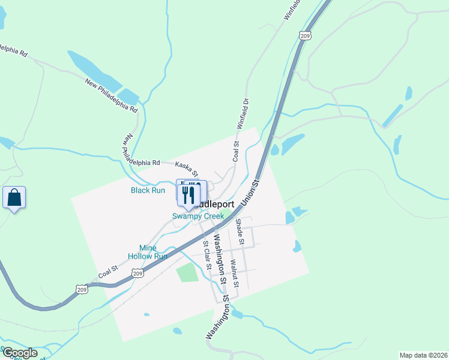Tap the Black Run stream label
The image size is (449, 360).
click(148, 190)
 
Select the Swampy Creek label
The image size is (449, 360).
click(198, 216)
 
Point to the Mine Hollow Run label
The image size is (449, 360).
click(148, 252)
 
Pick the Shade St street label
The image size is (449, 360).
click(240, 232)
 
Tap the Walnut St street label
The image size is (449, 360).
click(235, 273)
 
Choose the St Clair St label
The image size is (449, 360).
click(206, 255)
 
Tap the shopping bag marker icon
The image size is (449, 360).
click(14, 197)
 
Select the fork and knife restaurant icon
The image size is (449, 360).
click(188, 194)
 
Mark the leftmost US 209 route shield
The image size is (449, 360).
click(82, 289)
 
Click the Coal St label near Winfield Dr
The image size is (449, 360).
click(235, 151)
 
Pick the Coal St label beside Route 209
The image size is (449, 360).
click(107, 274)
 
